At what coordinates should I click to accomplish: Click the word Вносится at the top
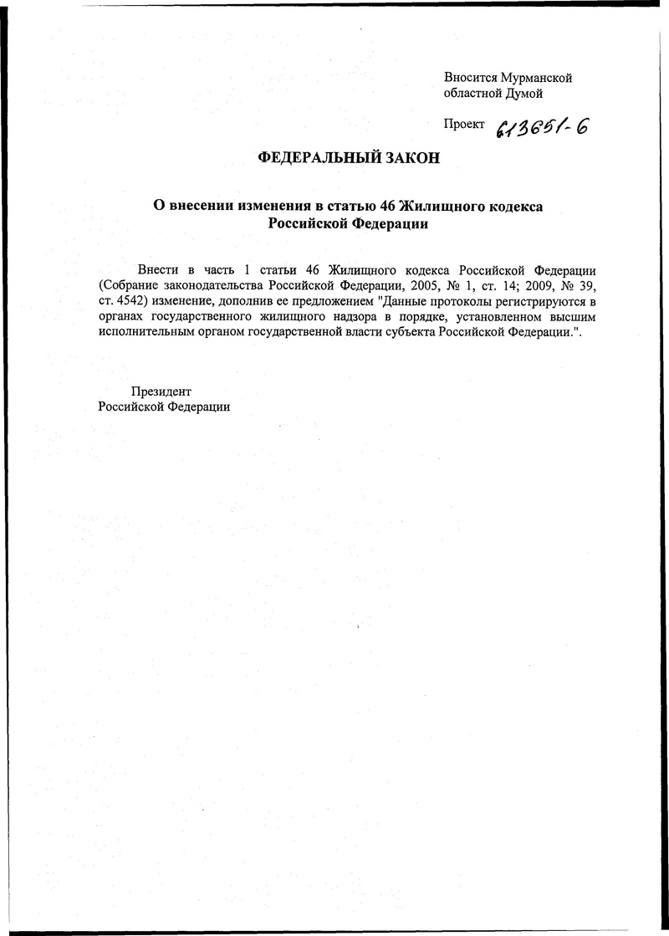coord(471,78)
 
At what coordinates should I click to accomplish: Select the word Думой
coord(525,93)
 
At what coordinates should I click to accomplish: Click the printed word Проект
coord(464,124)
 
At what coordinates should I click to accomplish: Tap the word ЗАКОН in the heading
coord(410,159)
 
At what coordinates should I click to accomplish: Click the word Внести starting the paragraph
coord(156,271)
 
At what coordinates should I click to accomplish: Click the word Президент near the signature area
coord(161,391)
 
